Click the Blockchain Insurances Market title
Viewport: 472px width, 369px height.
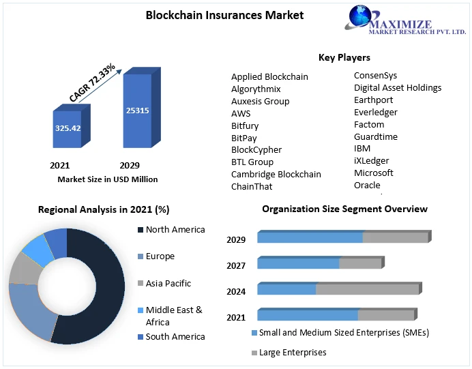pos(224,15)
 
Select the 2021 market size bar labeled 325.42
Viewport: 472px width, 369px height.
pos(68,128)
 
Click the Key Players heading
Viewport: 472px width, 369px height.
pos(344,57)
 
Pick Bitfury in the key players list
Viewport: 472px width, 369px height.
pos(245,126)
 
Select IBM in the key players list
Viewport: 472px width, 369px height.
pos(362,148)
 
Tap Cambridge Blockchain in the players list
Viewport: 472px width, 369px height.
pos(276,174)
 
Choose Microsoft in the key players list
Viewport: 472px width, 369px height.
pos(373,173)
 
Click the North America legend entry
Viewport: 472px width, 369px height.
pos(175,230)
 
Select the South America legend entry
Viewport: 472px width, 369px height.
pos(175,336)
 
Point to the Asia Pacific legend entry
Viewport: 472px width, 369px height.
pos(168,283)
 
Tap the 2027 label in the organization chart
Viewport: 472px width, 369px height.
pos(236,265)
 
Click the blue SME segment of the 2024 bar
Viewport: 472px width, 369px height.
pos(286,289)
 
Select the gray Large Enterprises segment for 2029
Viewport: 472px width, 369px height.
pos(396,237)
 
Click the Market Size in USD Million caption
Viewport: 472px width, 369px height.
pos(108,179)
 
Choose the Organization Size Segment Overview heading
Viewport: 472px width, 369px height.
pos(344,209)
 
